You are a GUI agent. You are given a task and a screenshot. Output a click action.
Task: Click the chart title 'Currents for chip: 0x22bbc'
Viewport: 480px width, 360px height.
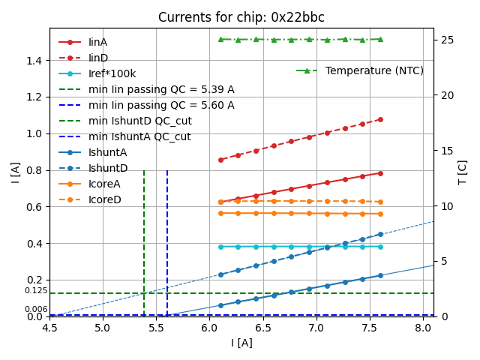click(x=241, y=17)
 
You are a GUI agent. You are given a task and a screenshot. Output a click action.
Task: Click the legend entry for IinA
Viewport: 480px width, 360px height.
click(x=97, y=42)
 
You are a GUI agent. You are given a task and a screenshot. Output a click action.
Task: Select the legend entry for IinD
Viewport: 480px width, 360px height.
click(x=97, y=58)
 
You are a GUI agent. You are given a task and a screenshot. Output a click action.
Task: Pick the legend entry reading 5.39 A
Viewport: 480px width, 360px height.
click(x=161, y=89)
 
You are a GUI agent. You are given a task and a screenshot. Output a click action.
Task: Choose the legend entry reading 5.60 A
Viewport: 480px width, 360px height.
click(x=161, y=105)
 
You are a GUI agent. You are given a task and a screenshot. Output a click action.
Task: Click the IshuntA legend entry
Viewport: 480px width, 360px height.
click(x=107, y=152)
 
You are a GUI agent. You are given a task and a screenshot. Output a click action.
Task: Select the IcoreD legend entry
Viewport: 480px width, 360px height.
click(x=104, y=199)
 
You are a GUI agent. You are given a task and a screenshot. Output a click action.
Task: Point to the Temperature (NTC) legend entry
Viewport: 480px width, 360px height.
click(x=374, y=70)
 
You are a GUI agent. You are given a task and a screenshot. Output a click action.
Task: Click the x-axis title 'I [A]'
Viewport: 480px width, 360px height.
click(x=241, y=343)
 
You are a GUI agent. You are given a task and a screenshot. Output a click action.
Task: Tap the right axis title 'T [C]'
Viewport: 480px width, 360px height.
click(x=462, y=172)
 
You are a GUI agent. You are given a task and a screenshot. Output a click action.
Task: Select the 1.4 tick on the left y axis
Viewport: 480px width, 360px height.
click(x=34, y=60)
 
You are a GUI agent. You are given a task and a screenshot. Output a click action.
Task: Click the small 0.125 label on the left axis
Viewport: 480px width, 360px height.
click(x=36, y=291)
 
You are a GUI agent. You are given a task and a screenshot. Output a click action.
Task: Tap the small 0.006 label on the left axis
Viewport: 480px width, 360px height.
click(x=36, y=310)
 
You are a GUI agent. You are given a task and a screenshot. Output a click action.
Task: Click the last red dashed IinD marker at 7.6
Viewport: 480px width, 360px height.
click(x=380, y=119)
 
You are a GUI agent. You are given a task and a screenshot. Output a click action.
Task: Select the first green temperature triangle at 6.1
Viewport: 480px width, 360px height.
click(x=220, y=39)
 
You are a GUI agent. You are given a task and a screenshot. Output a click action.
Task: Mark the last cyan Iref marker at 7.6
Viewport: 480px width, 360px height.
click(x=380, y=247)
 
